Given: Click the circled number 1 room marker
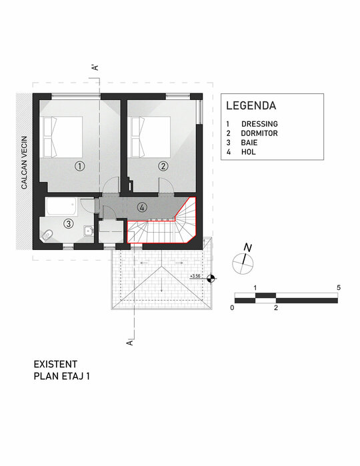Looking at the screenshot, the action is coord(80,166).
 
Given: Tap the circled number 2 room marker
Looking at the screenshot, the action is coord(163,166).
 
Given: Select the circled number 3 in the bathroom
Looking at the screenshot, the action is coord(69,223).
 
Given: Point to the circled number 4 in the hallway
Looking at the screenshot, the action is coord(143,207).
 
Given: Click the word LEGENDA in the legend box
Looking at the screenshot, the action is coord(251,105).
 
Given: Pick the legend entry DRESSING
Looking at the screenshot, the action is coord(259,124).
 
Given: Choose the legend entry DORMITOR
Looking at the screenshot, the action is coord(259,133).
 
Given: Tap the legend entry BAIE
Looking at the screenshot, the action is coord(249,143).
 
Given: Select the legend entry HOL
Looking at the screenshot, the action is coord(249,152).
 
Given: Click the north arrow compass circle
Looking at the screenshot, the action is coord(243,264).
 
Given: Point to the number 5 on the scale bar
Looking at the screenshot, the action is coord(339,287).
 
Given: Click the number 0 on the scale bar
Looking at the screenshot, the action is coord(232,307).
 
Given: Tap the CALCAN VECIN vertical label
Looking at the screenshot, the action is coord(24,163).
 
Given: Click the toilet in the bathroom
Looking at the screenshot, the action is coord(47,235).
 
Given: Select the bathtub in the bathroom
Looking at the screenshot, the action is coord(61,206).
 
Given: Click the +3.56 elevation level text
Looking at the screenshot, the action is coord(195,276).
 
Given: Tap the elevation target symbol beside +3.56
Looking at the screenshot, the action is coord(211,279).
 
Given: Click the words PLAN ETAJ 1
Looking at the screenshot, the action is coord(61,376).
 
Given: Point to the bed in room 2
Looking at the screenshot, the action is coord(151,137).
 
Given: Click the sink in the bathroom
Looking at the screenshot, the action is coord(89,231).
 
